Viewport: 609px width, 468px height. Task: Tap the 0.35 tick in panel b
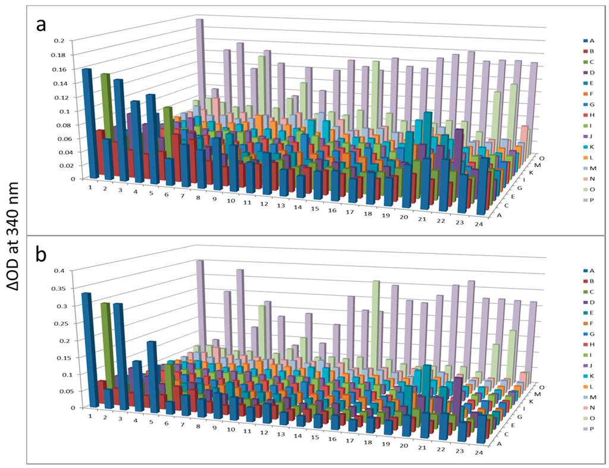[x=56, y=288]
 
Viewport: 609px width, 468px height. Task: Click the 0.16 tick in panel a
[x=56, y=69]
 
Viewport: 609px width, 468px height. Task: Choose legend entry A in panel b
[x=592, y=271]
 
